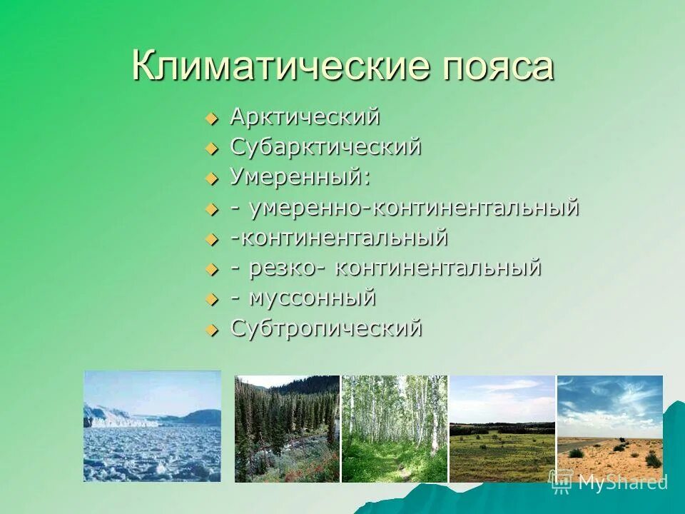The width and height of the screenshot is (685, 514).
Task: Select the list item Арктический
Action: tap(305, 117)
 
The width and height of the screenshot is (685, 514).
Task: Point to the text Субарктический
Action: tap(325, 148)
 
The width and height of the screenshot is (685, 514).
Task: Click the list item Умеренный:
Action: tap(300, 177)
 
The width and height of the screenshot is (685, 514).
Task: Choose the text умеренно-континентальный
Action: tap(414, 208)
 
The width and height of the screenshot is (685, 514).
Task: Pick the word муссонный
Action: tap(313, 297)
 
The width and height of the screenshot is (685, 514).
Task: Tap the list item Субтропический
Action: tap(326, 328)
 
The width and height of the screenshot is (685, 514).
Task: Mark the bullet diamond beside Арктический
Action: tap(210, 119)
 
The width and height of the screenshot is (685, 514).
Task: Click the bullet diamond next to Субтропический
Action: tap(210, 330)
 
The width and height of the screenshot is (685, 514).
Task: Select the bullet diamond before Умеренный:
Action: tap(210, 179)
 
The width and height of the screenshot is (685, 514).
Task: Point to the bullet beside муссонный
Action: tap(210, 299)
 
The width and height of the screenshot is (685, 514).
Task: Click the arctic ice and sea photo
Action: tap(152, 426)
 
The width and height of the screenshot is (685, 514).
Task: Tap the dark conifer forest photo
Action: tap(287, 429)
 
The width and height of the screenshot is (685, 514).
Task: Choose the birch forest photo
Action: tap(395, 429)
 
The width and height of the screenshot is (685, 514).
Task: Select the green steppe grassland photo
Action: tap(502, 429)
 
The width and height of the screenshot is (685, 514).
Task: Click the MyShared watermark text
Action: tap(622, 482)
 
